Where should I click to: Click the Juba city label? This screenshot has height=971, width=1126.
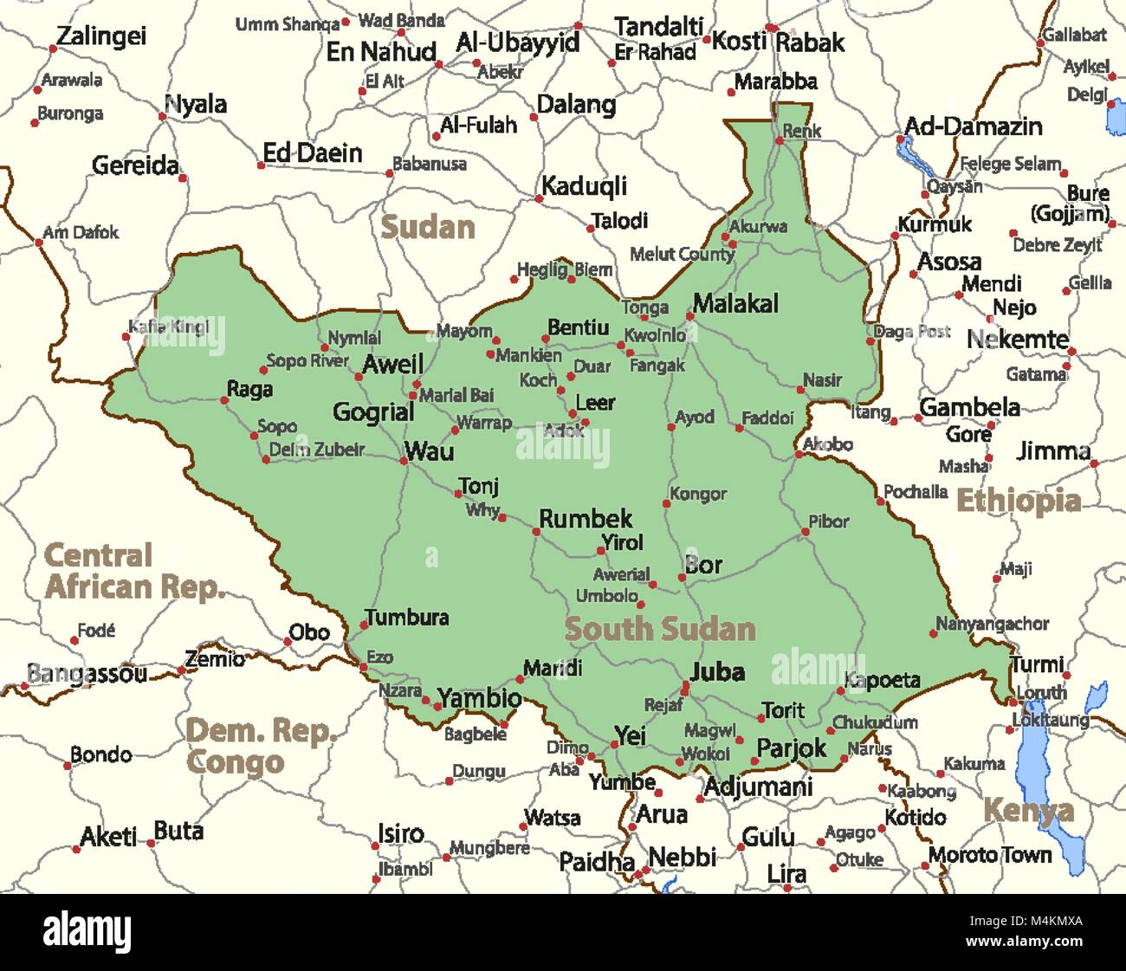pos(717,671)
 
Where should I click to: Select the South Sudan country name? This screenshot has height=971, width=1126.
pos(660,629)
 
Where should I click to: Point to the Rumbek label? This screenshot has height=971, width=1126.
pos(586,519)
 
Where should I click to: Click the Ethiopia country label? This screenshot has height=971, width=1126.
pos(1018,501)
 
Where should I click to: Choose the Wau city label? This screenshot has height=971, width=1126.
pos(429,451)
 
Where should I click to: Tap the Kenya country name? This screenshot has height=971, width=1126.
pos(1028,811)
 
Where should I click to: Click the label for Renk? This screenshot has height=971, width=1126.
pos(801,131)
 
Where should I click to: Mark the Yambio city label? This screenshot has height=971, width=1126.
pos(479,697)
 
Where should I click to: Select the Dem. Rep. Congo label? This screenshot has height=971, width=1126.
pos(260,746)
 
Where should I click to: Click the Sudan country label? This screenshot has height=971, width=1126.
pos(428,227)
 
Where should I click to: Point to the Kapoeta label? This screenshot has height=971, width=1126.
pos(882,680)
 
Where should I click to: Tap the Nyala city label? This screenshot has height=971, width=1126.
pos(196,105)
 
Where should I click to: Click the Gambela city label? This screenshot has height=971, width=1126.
pos(969,407)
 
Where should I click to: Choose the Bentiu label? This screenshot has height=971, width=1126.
pos(578,327)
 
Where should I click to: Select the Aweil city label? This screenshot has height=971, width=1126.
pos(392,364)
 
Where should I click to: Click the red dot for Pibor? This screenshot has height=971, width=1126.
pos(805,532)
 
